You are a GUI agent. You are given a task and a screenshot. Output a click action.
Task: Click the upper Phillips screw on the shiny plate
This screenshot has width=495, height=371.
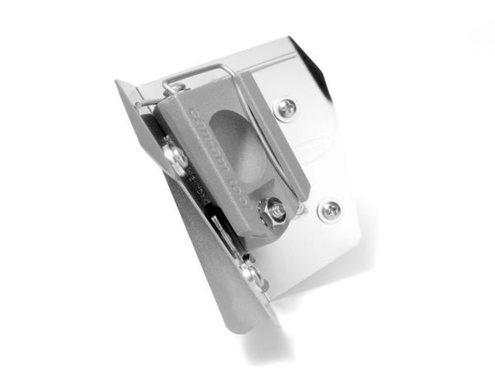coord(286,106)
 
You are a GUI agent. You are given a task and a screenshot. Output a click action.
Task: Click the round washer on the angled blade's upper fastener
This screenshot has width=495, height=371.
coord(174,157)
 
